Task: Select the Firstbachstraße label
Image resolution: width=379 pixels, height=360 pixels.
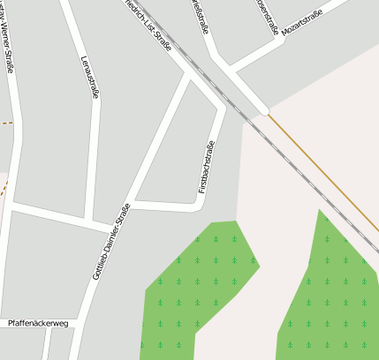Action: [206, 167]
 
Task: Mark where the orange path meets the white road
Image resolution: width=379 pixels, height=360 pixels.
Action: [266, 112]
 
